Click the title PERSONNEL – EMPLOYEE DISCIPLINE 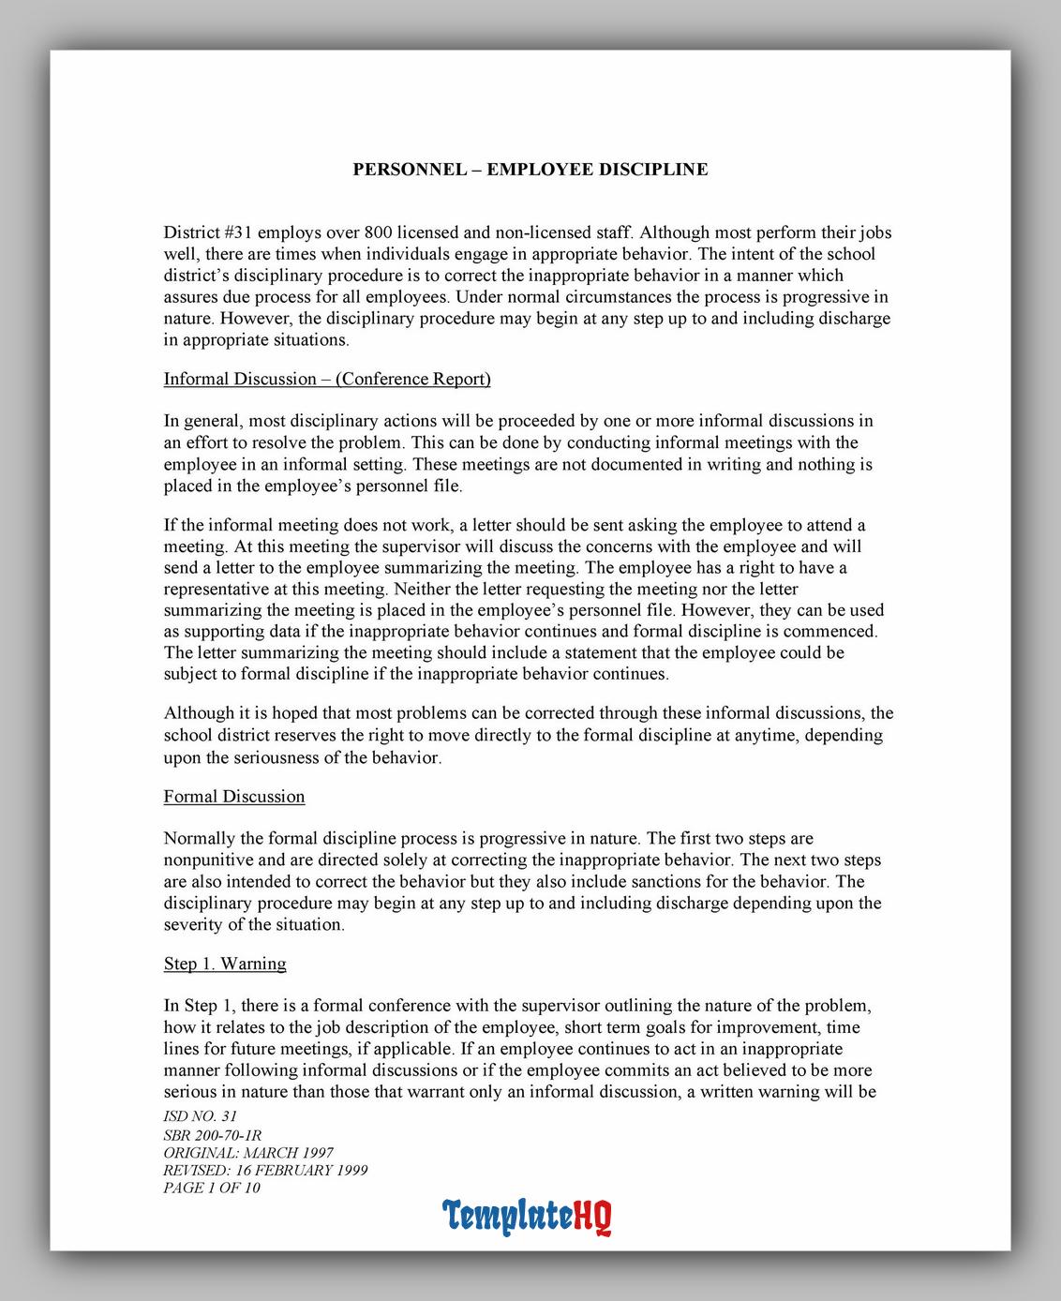click(530, 170)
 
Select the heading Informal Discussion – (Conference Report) click(327, 379)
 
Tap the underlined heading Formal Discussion click(234, 797)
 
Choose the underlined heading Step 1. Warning click(225, 964)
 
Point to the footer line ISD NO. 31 click(200, 1116)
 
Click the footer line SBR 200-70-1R click(212, 1135)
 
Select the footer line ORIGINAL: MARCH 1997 click(248, 1153)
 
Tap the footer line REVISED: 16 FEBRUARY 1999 click(265, 1171)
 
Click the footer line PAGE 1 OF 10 click(212, 1189)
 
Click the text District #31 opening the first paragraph click(207, 232)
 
